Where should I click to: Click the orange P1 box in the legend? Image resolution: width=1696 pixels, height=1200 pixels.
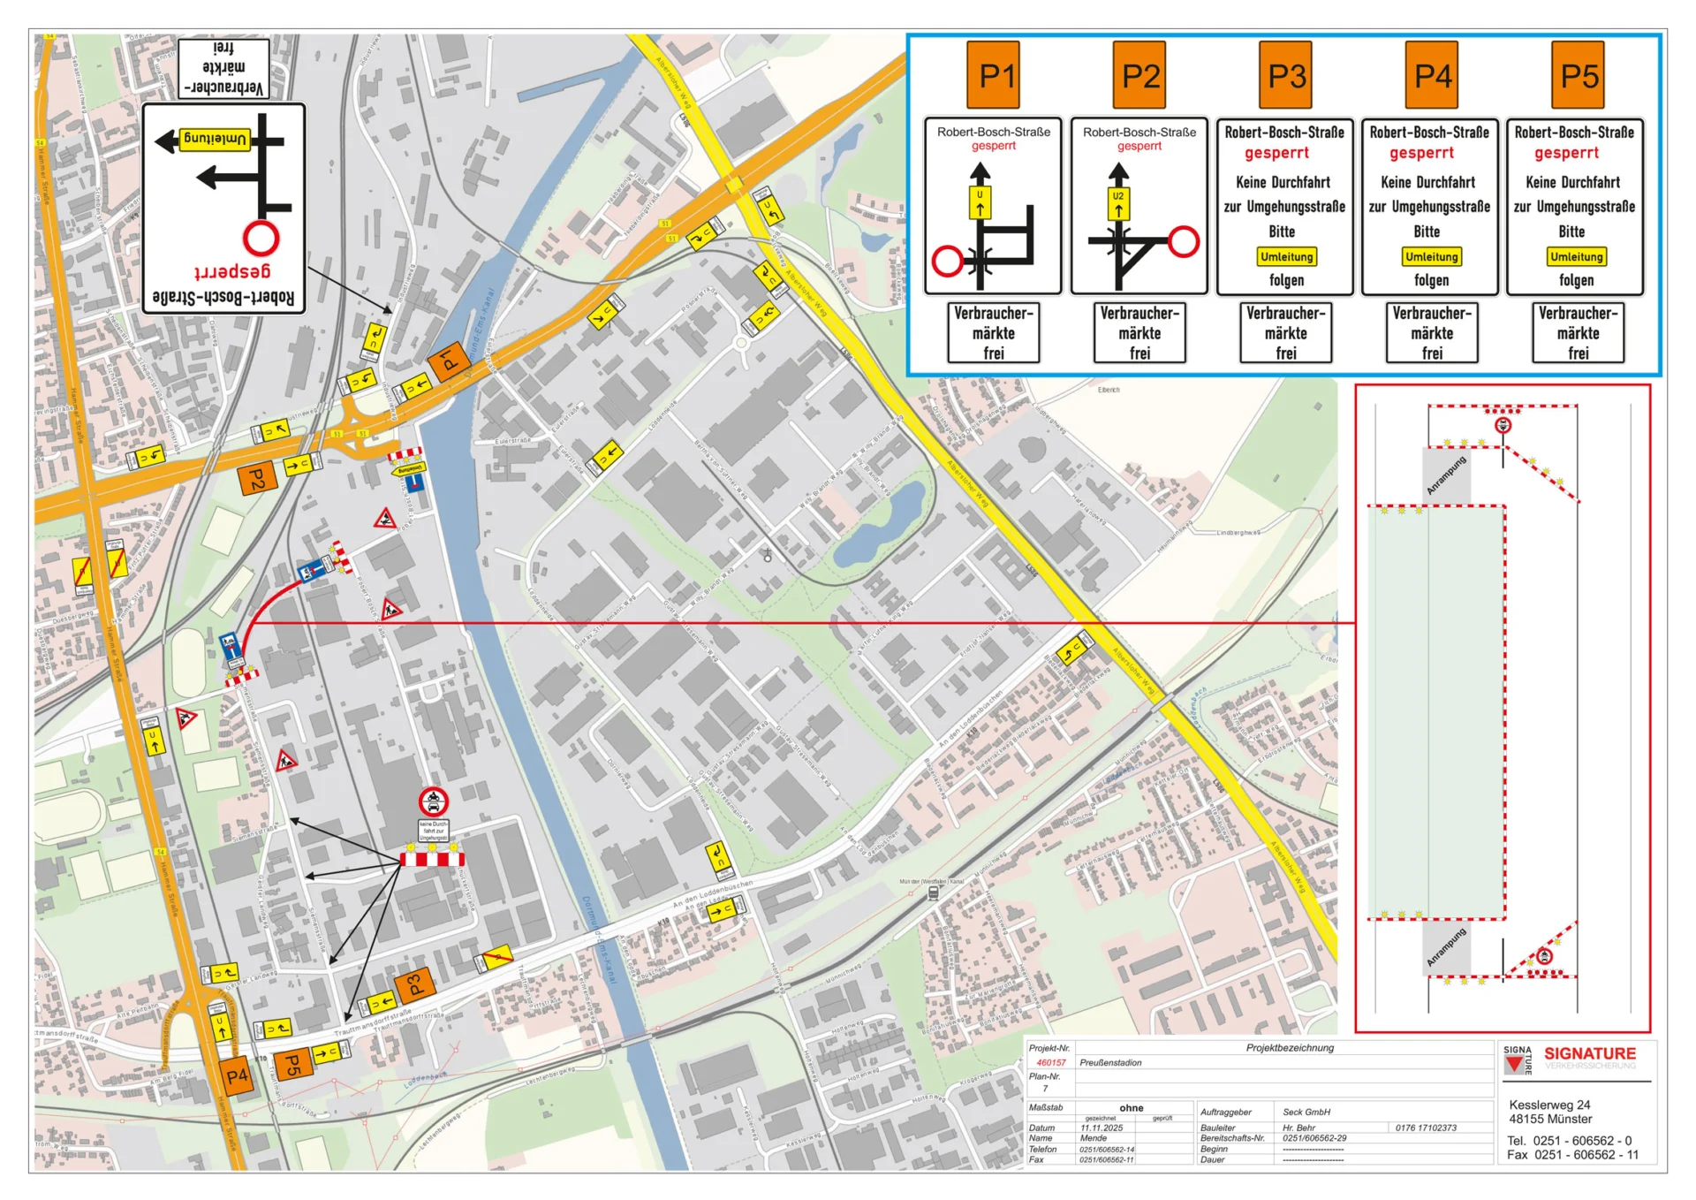[x=996, y=76]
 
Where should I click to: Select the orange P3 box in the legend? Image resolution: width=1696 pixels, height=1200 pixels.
[x=1286, y=76]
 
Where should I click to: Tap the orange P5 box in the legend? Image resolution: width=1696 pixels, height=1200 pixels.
[x=1578, y=76]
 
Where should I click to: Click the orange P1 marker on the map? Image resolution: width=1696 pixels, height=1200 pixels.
[x=449, y=360]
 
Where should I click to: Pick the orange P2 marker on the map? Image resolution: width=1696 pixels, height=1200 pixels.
[x=257, y=479]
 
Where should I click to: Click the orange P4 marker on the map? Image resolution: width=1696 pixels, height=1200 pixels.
[x=237, y=1076]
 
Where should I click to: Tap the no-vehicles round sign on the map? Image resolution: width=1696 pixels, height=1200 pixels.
[x=433, y=801]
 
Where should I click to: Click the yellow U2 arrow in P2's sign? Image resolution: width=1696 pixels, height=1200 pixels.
[x=1118, y=202]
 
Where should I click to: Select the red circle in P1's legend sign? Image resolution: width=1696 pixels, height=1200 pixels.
[x=948, y=262]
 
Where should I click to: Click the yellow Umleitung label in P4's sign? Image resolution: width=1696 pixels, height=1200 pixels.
[x=1431, y=257]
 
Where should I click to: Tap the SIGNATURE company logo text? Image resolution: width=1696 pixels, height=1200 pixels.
[x=1589, y=1053]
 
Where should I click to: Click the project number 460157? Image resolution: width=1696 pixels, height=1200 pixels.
[x=1050, y=1063]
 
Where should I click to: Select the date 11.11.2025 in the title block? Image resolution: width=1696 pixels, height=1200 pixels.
[x=1101, y=1128]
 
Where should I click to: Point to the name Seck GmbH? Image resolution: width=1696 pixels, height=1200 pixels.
[x=1306, y=1112]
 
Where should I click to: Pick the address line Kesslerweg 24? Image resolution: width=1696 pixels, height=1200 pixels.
[x=1548, y=1105]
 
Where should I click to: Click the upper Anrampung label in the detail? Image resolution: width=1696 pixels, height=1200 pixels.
[x=1445, y=475]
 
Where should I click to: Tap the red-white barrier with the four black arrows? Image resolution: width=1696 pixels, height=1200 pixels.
[x=432, y=859]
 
